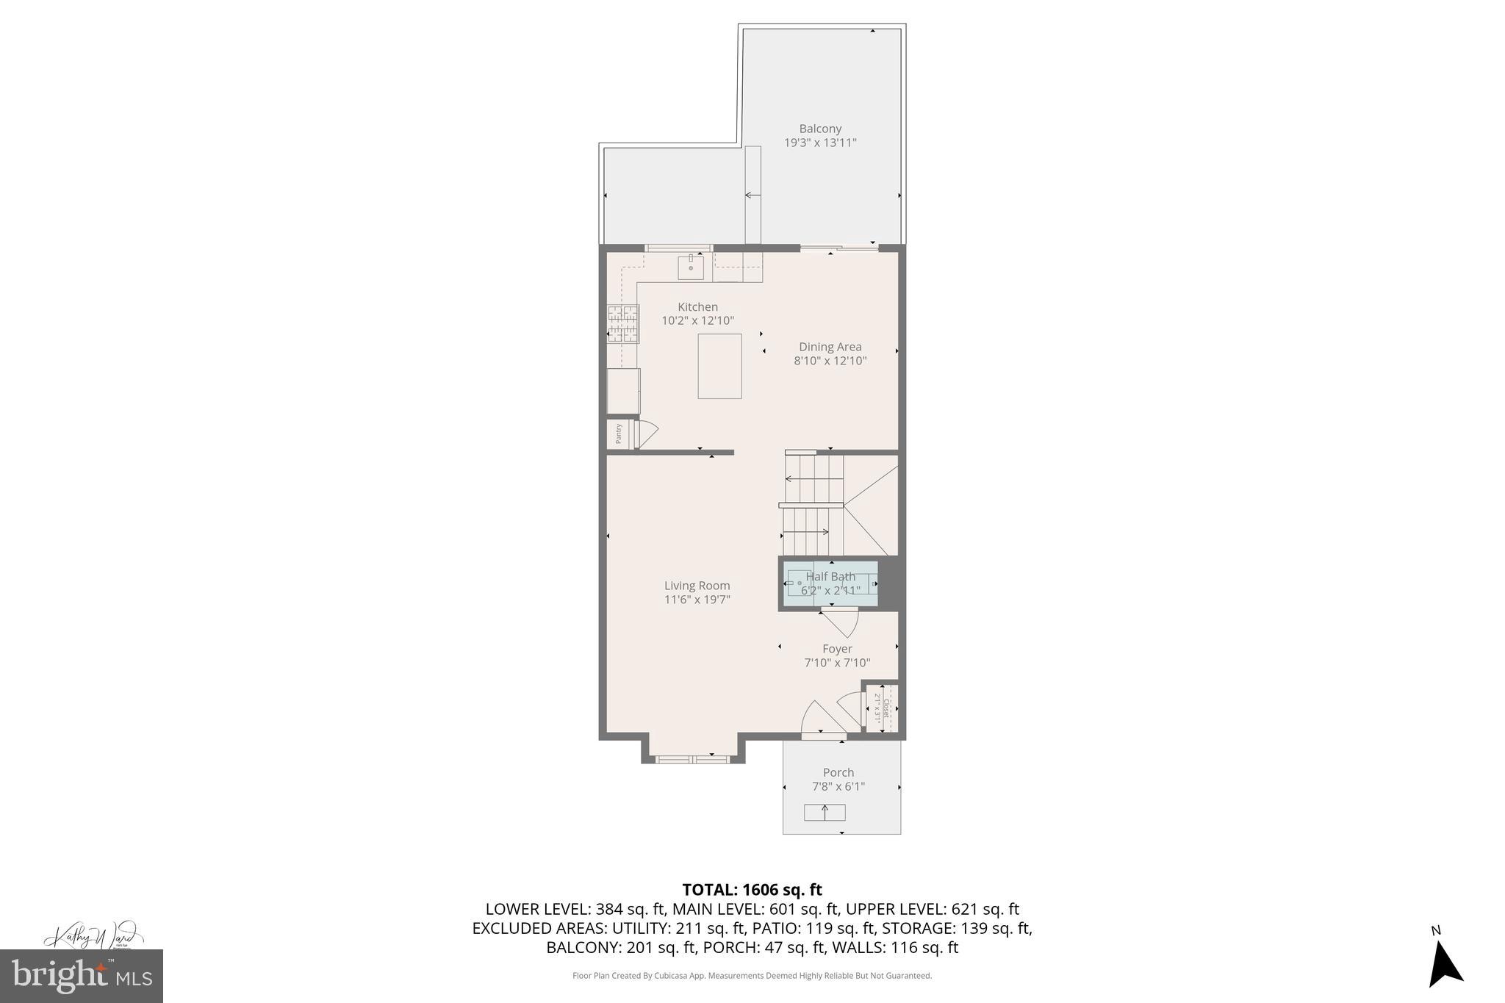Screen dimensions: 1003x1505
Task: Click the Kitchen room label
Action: [x=697, y=307]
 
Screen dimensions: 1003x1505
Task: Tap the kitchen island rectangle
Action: [x=719, y=366]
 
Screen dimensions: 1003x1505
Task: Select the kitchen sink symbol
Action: [x=691, y=267]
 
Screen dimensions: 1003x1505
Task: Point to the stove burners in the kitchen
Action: [x=622, y=324]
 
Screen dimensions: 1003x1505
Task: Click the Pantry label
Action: [x=619, y=434]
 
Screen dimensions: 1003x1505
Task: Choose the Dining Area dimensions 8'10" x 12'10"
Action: [x=830, y=361]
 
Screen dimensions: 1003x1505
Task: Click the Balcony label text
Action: [x=820, y=129]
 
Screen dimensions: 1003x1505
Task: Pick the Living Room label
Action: [x=697, y=586]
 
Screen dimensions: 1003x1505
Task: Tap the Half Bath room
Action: [x=830, y=583]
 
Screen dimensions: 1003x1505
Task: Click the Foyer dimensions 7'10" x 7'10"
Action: [x=837, y=663]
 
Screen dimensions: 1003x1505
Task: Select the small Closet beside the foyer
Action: [x=881, y=708]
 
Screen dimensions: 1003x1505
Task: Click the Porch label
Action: [x=838, y=772]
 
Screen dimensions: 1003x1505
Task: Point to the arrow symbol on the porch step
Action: [x=825, y=812]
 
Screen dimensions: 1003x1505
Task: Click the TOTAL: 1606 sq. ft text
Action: [x=752, y=890]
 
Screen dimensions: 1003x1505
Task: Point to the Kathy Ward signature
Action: [x=91, y=937]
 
